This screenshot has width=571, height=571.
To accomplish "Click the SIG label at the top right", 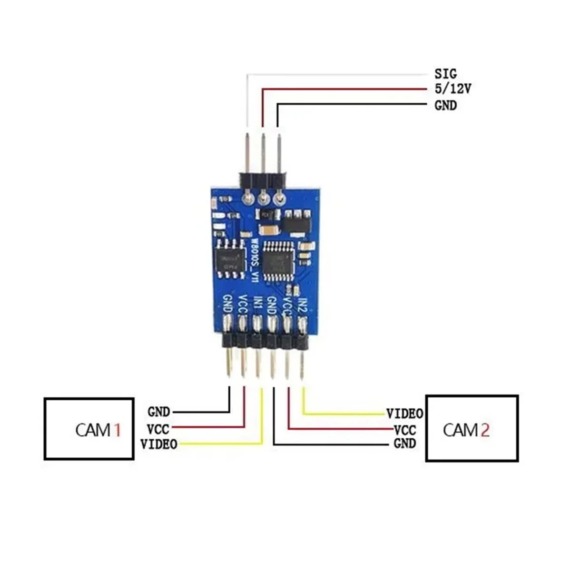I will [x=445, y=74].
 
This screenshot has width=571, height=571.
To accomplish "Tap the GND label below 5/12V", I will [x=445, y=105].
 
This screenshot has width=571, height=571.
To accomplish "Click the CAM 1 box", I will [x=89, y=429].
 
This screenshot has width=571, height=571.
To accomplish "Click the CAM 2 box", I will [x=472, y=428].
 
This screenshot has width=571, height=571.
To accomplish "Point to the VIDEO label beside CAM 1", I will [x=159, y=444].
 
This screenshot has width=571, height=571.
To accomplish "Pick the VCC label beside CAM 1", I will [x=158, y=429].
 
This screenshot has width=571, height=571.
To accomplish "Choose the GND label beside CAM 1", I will [x=158, y=412].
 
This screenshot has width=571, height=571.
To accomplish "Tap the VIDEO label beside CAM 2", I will [x=404, y=413].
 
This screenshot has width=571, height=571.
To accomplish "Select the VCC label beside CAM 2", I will [x=405, y=430].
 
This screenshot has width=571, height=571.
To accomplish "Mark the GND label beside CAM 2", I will [x=405, y=444].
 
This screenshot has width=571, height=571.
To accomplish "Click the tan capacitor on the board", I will [x=269, y=230].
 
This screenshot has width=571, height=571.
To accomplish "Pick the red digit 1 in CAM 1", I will [x=116, y=430].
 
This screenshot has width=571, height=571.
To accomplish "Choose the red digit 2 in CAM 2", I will [x=484, y=430].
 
